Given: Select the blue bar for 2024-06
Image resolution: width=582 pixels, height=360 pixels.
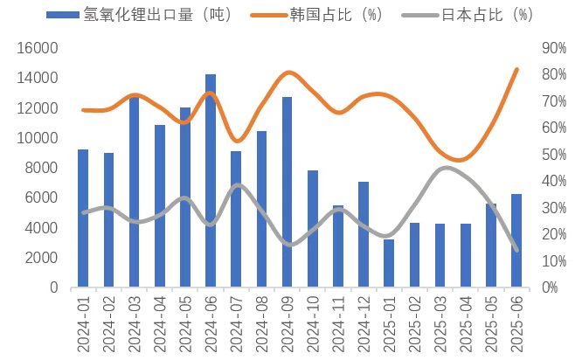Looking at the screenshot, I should pos(211,180).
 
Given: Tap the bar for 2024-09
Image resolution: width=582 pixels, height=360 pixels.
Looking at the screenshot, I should pos(287,191).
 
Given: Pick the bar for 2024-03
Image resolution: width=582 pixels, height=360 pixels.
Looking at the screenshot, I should pos(134,191).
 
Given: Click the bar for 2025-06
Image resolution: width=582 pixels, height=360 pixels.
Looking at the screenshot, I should pos(516,240).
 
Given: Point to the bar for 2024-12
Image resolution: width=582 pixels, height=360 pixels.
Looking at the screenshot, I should pos(364,233).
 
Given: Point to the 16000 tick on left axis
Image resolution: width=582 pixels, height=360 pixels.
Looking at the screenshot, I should pos(39,48).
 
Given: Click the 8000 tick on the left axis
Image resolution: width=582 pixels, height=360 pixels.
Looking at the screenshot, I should pos(44,168).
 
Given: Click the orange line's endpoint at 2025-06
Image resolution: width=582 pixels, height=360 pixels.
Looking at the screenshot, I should pos(516,70).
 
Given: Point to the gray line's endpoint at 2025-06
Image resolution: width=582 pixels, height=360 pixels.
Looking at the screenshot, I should pos(516,250).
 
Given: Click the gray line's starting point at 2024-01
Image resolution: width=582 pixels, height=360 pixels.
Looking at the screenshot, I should pos(83,212).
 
